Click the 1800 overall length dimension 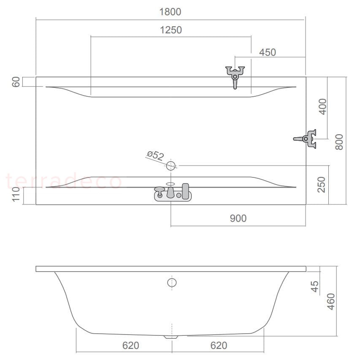[170, 12]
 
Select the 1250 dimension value [171, 30]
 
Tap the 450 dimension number [268, 52]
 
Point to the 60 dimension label [16, 82]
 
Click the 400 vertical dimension [322, 107]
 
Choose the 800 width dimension [339, 142]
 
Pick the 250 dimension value [321, 185]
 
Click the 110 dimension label [16, 194]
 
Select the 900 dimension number [238, 218]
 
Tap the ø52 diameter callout [155, 155]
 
